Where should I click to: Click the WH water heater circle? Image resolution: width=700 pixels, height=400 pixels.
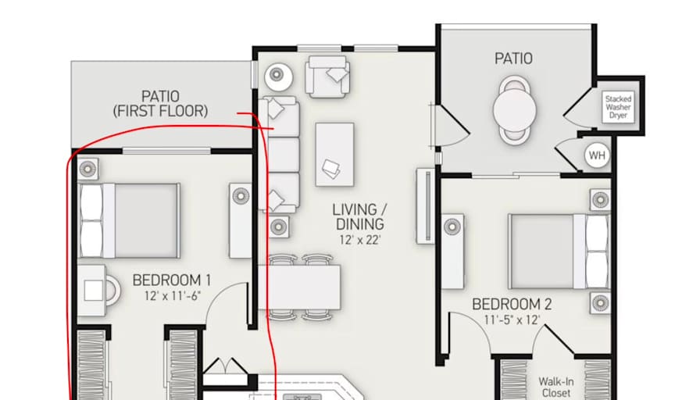point(598,155)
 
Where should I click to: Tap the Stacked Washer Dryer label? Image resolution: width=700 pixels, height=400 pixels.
point(618,107)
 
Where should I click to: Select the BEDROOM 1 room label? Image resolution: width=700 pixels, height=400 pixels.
point(171,280)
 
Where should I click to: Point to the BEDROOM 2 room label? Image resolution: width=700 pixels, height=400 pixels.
point(512,305)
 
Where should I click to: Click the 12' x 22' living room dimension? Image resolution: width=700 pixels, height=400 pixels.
point(360,240)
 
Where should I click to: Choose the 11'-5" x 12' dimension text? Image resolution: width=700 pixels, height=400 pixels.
point(512,320)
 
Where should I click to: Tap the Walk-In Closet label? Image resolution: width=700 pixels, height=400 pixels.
point(556,387)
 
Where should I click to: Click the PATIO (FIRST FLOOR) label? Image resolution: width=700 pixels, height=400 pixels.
point(161,104)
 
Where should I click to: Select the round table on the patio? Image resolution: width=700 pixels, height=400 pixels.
point(515,110)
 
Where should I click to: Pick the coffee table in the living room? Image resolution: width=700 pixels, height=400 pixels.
point(335,155)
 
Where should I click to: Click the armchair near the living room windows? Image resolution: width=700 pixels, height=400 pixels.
point(327,77)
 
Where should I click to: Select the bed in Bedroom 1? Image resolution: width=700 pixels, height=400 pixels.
point(130,220)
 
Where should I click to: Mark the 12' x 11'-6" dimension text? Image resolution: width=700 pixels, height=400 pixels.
point(172,296)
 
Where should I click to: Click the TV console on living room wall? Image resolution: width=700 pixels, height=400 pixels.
point(426,205)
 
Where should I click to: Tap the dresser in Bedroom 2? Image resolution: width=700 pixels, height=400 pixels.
point(452,252)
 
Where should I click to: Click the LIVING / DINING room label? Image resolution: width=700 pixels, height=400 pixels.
point(360,216)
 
